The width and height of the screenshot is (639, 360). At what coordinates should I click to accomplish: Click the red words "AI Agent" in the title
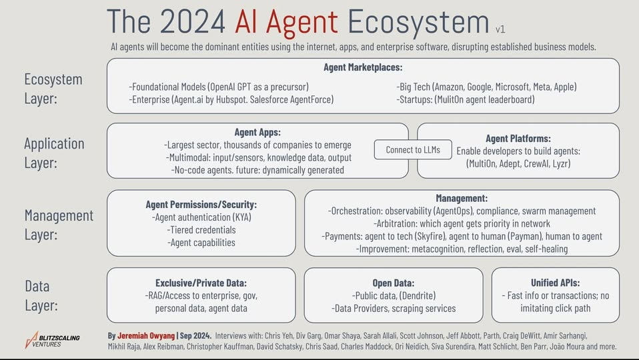(286, 21)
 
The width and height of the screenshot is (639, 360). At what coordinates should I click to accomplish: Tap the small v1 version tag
(500, 29)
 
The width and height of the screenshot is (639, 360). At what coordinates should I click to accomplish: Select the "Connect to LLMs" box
(413, 150)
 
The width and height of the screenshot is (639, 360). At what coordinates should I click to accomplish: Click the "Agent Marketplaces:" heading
(363, 67)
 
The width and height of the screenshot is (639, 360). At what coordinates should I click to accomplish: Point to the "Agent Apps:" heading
(257, 132)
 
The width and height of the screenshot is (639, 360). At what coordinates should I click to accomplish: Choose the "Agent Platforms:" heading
(518, 139)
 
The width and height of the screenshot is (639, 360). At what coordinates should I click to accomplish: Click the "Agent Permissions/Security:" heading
(201, 205)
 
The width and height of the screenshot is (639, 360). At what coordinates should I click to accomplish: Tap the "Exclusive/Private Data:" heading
(201, 283)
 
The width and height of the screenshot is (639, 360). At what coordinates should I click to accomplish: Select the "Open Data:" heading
(394, 283)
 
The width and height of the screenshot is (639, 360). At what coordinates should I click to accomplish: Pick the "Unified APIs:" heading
(555, 283)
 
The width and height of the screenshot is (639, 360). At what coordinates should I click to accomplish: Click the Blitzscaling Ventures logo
(52, 340)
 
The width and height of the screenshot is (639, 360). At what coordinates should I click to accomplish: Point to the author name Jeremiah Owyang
(146, 335)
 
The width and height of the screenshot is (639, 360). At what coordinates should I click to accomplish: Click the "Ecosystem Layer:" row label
(53, 89)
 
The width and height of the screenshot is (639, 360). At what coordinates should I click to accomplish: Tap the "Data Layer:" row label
(41, 295)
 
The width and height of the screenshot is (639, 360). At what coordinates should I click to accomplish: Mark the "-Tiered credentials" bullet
(201, 230)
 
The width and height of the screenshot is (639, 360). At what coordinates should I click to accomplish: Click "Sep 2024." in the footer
(195, 335)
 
